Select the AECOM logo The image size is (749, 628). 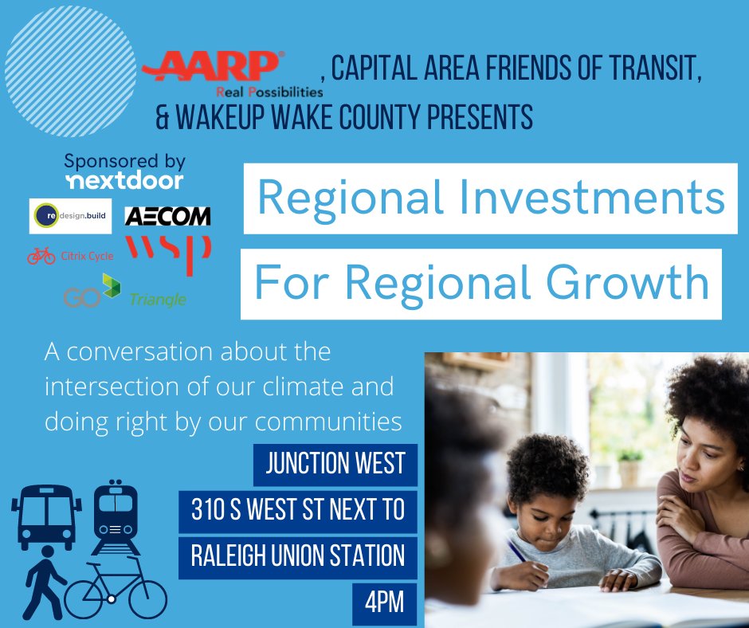coord(167,216)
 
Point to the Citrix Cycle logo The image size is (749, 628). coord(70,256)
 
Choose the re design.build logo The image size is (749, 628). coord(70,216)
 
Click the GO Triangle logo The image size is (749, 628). coord(124,291)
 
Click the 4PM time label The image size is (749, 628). coord(385,604)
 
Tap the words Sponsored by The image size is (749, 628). coord(124,161)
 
